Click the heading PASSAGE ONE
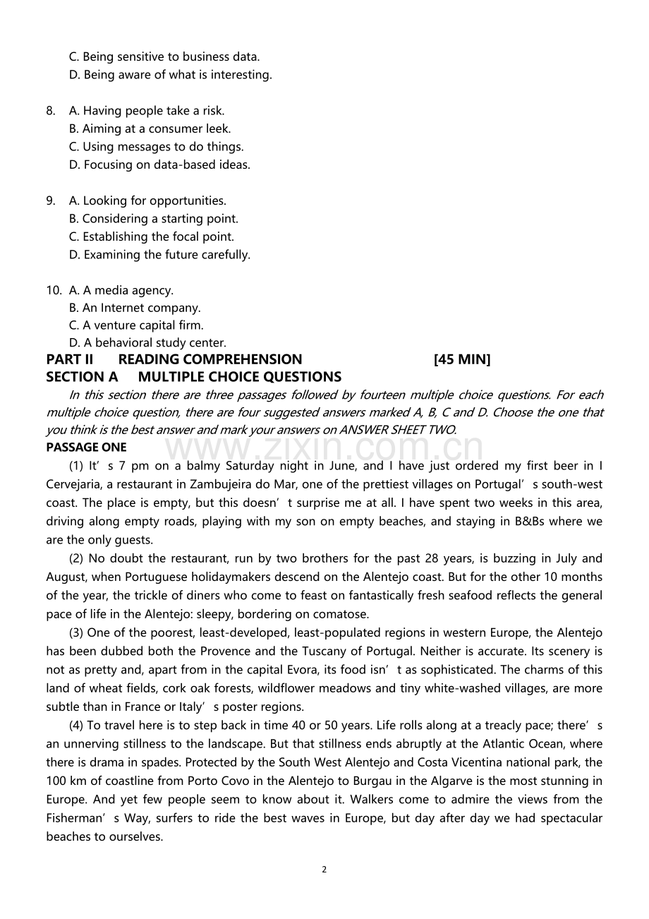pyautogui.click(x=86, y=448)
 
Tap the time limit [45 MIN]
pyautogui.click(x=462, y=359)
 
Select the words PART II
pyautogui.click(x=70, y=359)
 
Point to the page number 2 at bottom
pyautogui.click(x=324, y=870)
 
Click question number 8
pyautogui.click(x=51, y=111)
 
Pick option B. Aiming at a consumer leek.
pyautogui.click(x=150, y=128)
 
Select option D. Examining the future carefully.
pyautogui.click(x=159, y=255)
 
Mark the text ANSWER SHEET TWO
pyautogui.click(x=397, y=430)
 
